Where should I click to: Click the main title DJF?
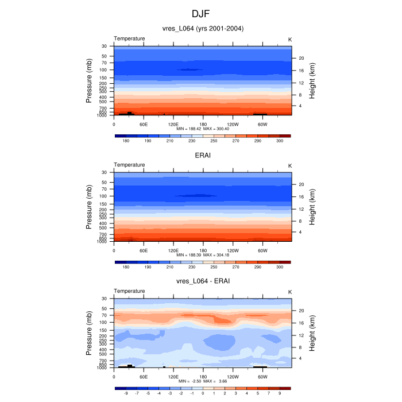pos(200,13)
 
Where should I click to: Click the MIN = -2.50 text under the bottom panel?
pos(190,381)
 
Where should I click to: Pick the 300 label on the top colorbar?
pos(280,141)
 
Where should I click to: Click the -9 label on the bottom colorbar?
pos(126,393)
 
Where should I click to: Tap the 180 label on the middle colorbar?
pos(126,267)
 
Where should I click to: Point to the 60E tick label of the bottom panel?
pos(144,376)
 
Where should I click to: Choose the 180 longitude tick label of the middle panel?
pos(203,250)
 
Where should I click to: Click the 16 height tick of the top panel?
pos(300,71)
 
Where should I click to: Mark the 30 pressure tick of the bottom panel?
pos(105,299)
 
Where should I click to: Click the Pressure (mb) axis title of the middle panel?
pos(90,207)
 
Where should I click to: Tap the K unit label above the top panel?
pos(289,39)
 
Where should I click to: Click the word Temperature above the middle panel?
pos(129,165)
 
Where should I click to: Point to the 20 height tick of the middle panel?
pos(300,184)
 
